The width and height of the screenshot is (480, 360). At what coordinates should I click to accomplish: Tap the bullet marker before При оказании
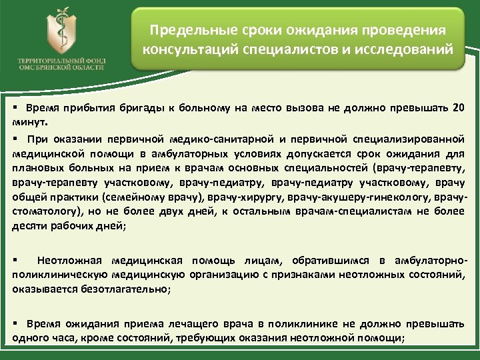coord(15,139)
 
